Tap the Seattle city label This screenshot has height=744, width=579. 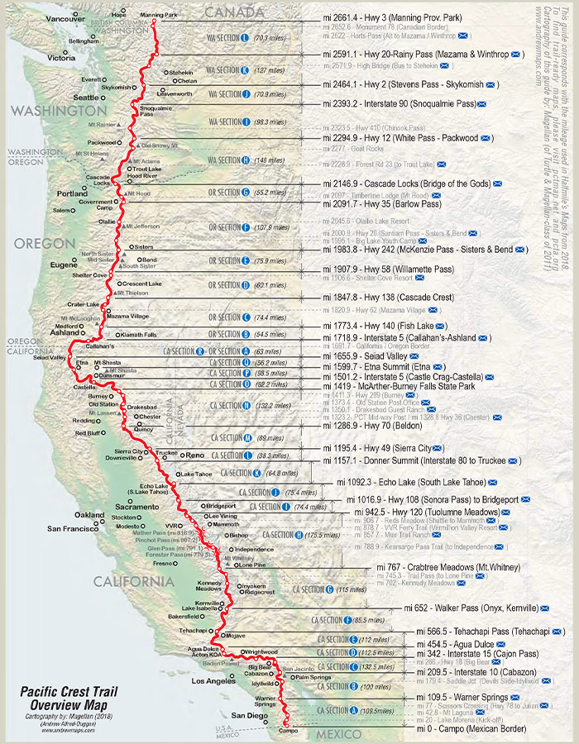(x=86, y=97)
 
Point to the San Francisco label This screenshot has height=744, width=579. (x=73, y=527)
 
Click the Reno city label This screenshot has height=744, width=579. (x=195, y=455)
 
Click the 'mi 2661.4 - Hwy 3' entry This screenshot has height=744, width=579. (x=392, y=17)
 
